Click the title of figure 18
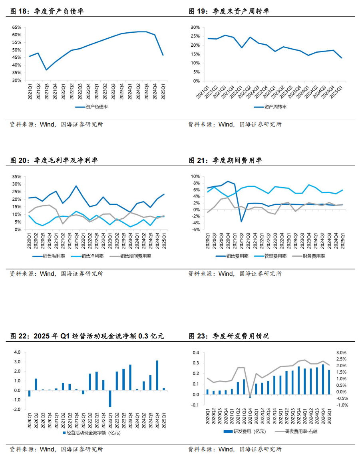47,11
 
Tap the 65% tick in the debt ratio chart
17,27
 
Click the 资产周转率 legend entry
270,107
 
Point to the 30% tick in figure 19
195,27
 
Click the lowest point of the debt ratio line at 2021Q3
46,70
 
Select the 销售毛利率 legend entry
49,256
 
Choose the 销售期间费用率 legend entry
130,256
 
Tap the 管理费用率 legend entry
270,256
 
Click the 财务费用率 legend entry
308,256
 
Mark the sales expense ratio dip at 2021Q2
241,222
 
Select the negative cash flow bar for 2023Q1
110,399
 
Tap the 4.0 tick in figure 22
17,352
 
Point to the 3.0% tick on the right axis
341,352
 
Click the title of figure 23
229,336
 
